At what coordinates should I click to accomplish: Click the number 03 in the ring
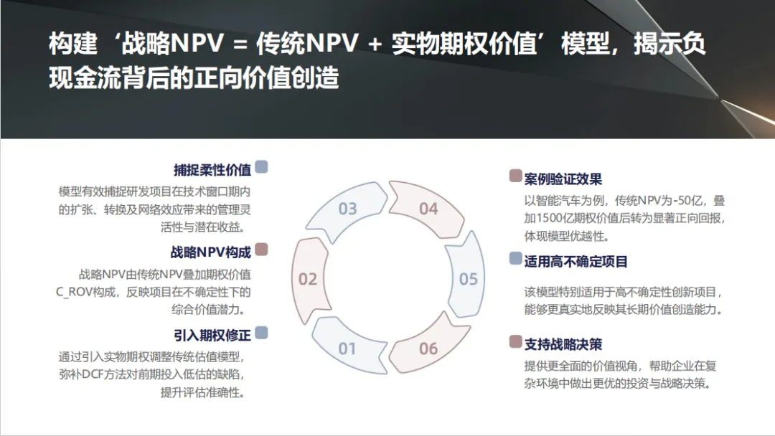pyautogui.click(x=347, y=209)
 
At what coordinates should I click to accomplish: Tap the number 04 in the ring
pyautogui.click(x=428, y=209)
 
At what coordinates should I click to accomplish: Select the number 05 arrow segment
pyautogui.click(x=469, y=278)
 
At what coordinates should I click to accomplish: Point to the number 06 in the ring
pyautogui.click(x=428, y=349)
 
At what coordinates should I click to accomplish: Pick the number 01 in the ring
pyautogui.click(x=347, y=349)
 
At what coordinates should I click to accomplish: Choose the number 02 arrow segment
pyautogui.click(x=308, y=278)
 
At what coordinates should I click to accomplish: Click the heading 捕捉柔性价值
pyautogui.click(x=212, y=170)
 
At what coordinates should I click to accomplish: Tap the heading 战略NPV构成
pyautogui.click(x=210, y=252)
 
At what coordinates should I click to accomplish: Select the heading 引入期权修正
pyautogui.click(x=212, y=334)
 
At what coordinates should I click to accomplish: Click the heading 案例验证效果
pyautogui.click(x=563, y=179)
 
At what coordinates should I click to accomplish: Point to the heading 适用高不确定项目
pyautogui.click(x=576, y=261)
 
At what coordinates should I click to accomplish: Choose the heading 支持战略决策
pyautogui.click(x=563, y=343)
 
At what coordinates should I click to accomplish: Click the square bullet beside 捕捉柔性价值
pyautogui.click(x=262, y=167)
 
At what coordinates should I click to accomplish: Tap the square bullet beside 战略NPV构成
pyautogui.click(x=262, y=250)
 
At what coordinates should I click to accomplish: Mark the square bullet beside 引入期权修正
pyautogui.click(x=262, y=332)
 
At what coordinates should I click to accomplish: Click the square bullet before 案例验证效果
pyautogui.click(x=515, y=176)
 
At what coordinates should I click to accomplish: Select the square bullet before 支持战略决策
pyautogui.click(x=515, y=341)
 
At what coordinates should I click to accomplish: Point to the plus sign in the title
pyautogui.click(x=375, y=45)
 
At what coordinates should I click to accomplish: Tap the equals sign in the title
pyautogui.click(x=240, y=45)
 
